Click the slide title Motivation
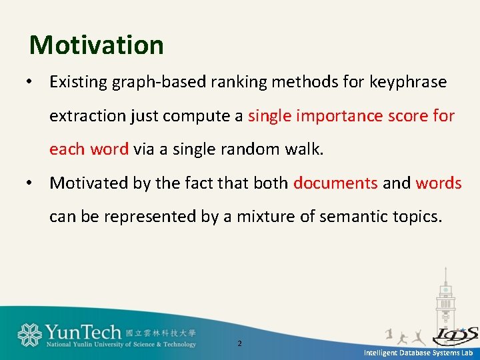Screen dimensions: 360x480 (97, 45)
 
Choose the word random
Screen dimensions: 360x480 (254, 149)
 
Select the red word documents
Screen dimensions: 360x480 (335, 183)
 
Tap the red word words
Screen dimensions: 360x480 (439, 183)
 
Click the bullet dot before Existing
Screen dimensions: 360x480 (30, 83)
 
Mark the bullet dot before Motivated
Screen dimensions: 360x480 (30, 183)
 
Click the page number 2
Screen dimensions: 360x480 (240, 344)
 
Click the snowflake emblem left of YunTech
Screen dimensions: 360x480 (29, 335)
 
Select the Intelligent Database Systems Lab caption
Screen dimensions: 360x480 (417, 353)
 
